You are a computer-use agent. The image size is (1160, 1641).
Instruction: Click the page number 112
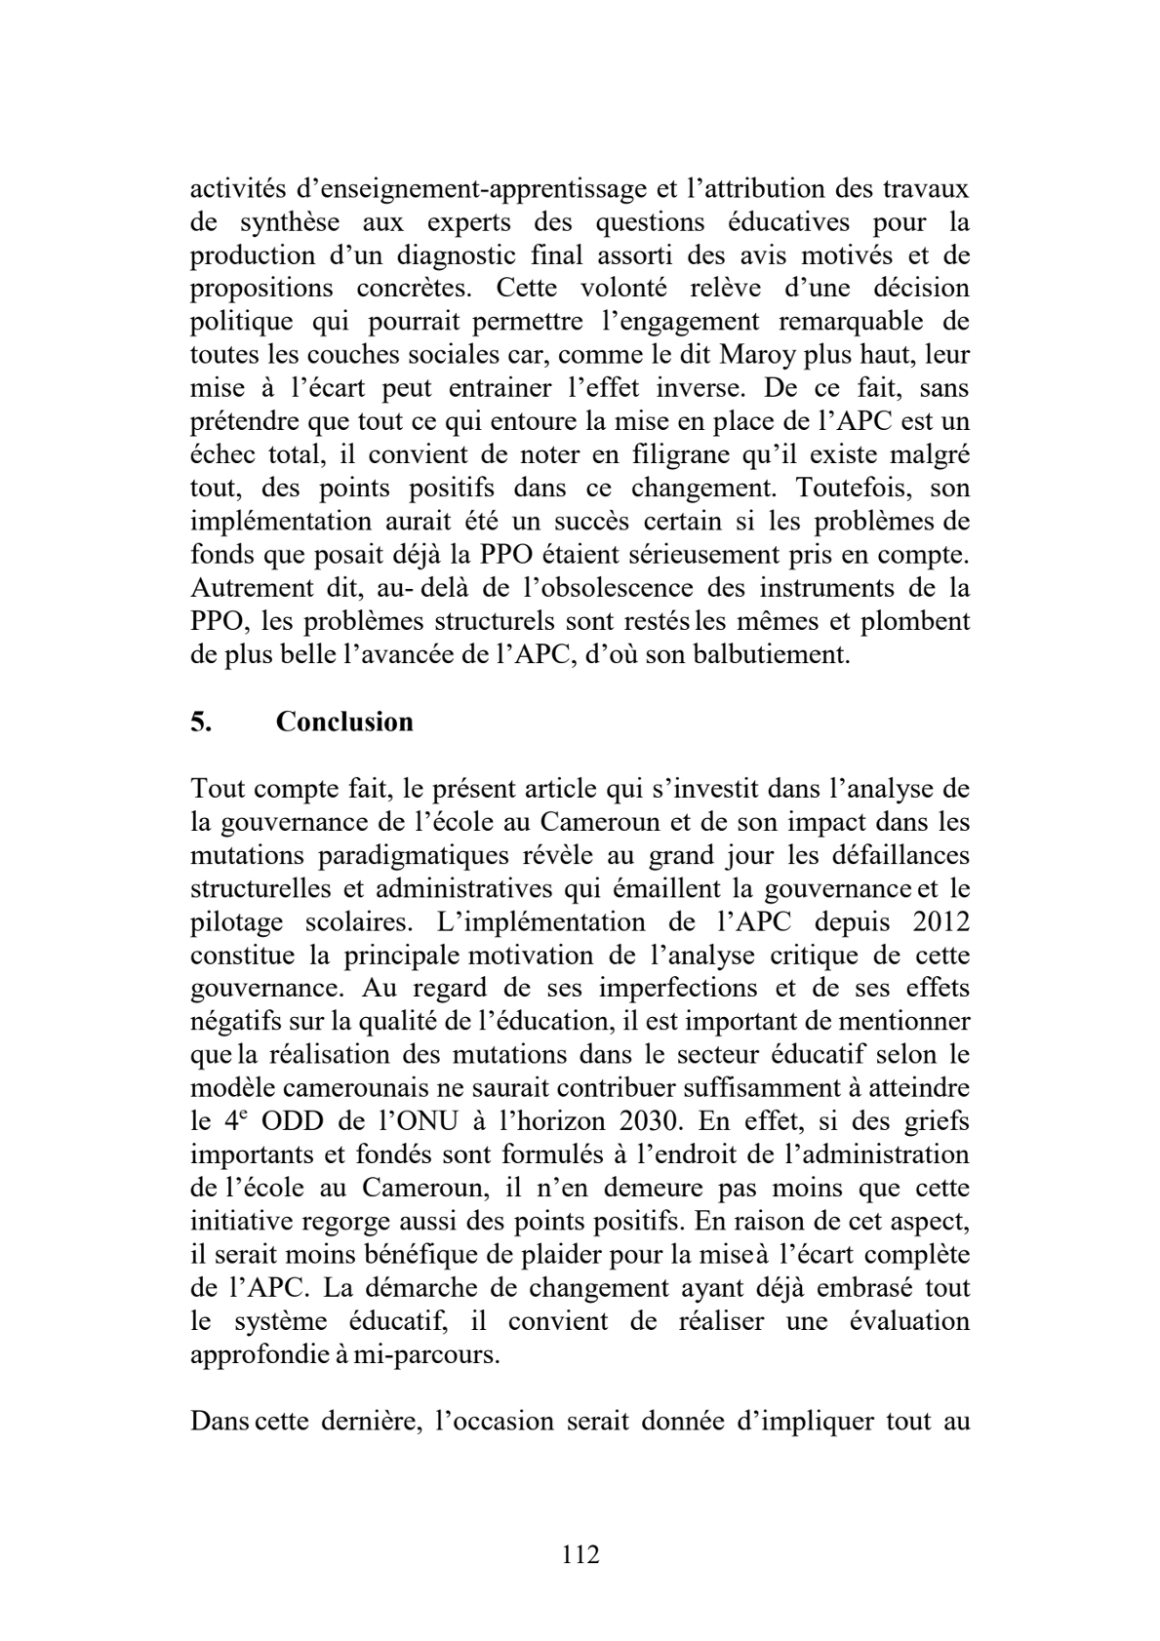pos(580,1553)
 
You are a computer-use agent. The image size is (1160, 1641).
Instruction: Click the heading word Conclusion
pos(344,722)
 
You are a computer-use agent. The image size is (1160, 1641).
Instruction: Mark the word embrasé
pos(860,1288)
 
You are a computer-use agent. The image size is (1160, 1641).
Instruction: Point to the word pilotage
pos(237,922)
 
